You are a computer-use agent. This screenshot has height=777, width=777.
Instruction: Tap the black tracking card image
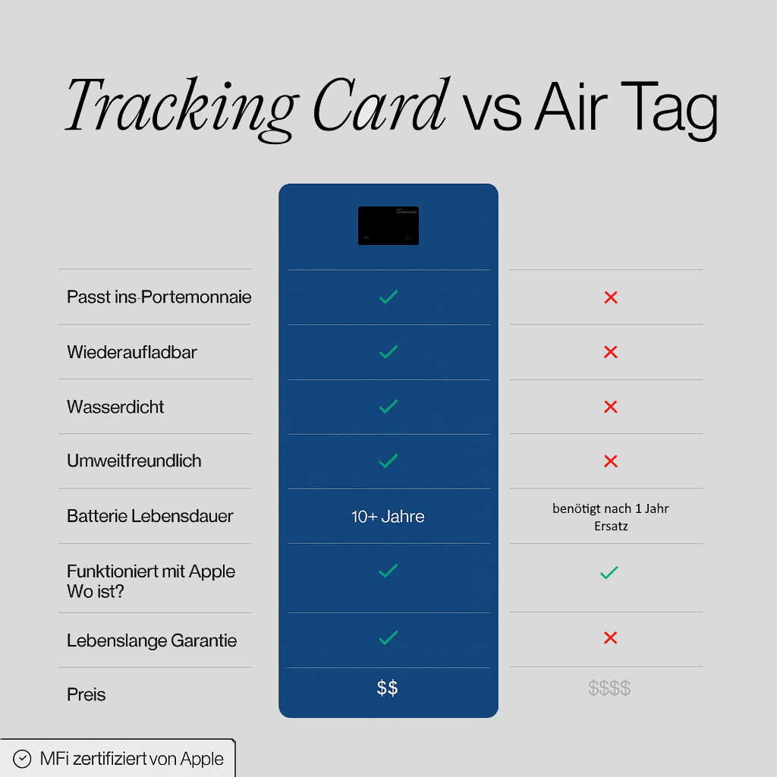pyautogui.click(x=388, y=225)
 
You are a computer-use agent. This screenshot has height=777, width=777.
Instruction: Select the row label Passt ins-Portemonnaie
pyautogui.click(x=159, y=297)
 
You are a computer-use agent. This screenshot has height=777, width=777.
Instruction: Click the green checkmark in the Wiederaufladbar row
pyautogui.click(x=388, y=351)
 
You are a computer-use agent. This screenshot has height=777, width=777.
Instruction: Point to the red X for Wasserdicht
pyautogui.click(x=610, y=407)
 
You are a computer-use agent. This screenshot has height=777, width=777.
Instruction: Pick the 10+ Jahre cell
pyautogui.click(x=388, y=517)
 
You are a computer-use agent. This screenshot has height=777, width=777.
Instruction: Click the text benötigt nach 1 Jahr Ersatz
pyautogui.click(x=610, y=517)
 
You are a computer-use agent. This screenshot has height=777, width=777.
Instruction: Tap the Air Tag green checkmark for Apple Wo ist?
pyautogui.click(x=609, y=573)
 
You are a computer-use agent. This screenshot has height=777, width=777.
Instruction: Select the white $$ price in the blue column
pyautogui.click(x=388, y=688)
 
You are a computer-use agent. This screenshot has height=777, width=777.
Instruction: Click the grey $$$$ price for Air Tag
pyautogui.click(x=609, y=688)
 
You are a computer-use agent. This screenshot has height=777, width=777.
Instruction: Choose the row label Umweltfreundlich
pyautogui.click(x=134, y=461)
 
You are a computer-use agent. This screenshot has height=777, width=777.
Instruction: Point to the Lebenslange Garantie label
pyautogui.click(x=152, y=640)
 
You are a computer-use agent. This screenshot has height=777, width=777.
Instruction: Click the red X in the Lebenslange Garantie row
pyautogui.click(x=610, y=638)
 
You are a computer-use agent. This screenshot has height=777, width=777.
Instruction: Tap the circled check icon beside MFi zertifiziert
pyautogui.click(x=24, y=759)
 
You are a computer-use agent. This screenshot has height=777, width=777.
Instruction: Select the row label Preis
pyautogui.click(x=87, y=694)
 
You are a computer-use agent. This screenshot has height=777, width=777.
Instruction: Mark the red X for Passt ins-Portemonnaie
pyautogui.click(x=610, y=297)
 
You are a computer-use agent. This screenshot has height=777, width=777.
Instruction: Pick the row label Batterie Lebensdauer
pyautogui.click(x=150, y=516)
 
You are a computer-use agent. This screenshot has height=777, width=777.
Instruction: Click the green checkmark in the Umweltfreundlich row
pyautogui.click(x=388, y=461)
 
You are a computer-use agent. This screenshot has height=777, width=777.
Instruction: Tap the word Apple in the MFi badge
pyautogui.click(x=202, y=759)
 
